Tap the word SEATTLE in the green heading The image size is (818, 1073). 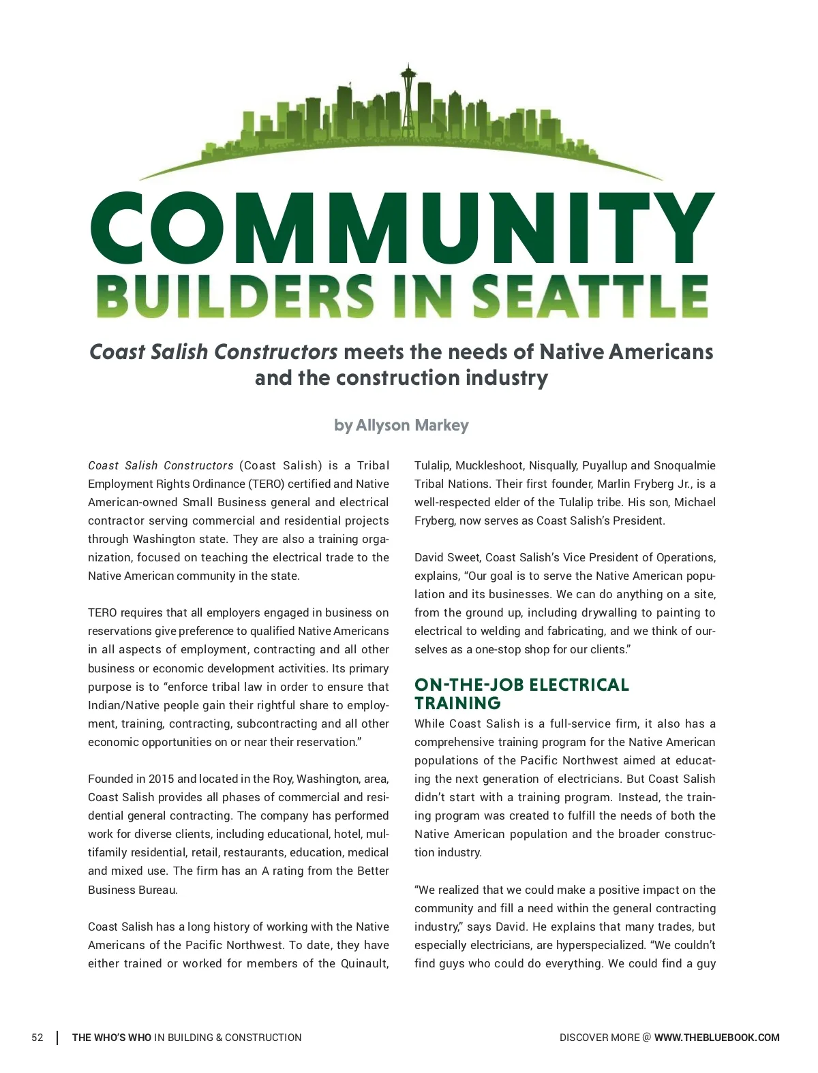point(590,297)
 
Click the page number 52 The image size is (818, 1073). point(37,1038)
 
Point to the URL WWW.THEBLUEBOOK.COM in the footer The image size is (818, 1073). point(716,1038)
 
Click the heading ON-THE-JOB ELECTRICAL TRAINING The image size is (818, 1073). point(521,694)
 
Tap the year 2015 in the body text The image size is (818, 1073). point(162,779)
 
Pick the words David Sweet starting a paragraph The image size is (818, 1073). point(446,557)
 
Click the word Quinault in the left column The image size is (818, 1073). point(364,963)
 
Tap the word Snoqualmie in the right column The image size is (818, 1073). point(684,465)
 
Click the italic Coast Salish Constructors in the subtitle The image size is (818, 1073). point(213,352)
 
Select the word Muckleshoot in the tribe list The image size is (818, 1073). point(489,465)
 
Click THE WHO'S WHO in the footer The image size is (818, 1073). point(112,1038)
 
